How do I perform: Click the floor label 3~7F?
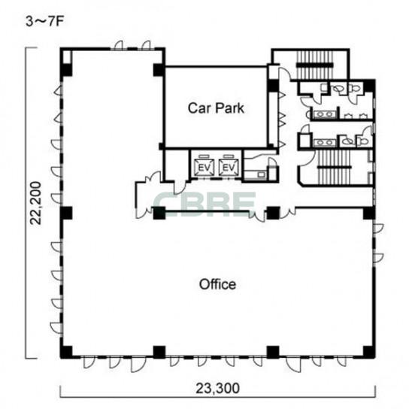[44, 22]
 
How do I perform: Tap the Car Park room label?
[216, 108]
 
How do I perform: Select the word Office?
[217, 284]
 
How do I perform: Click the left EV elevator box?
[204, 168]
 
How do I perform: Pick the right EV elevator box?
[229, 168]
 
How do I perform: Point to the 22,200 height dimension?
[36, 203]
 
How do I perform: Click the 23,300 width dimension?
[217, 389]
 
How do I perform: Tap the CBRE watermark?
[204, 204]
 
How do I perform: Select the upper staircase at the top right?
[314, 65]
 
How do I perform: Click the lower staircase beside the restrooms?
[335, 167]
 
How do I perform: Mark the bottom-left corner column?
[66, 352]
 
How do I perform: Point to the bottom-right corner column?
[369, 352]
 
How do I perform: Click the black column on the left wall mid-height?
[66, 213]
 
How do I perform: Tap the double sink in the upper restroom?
[324, 114]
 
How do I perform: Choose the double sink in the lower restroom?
[324, 143]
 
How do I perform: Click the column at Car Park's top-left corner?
[159, 70]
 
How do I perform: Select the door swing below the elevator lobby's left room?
[180, 187]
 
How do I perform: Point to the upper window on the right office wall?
[378, 229]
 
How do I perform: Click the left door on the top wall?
[119, 45]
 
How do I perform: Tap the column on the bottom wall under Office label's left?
[159, 352]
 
